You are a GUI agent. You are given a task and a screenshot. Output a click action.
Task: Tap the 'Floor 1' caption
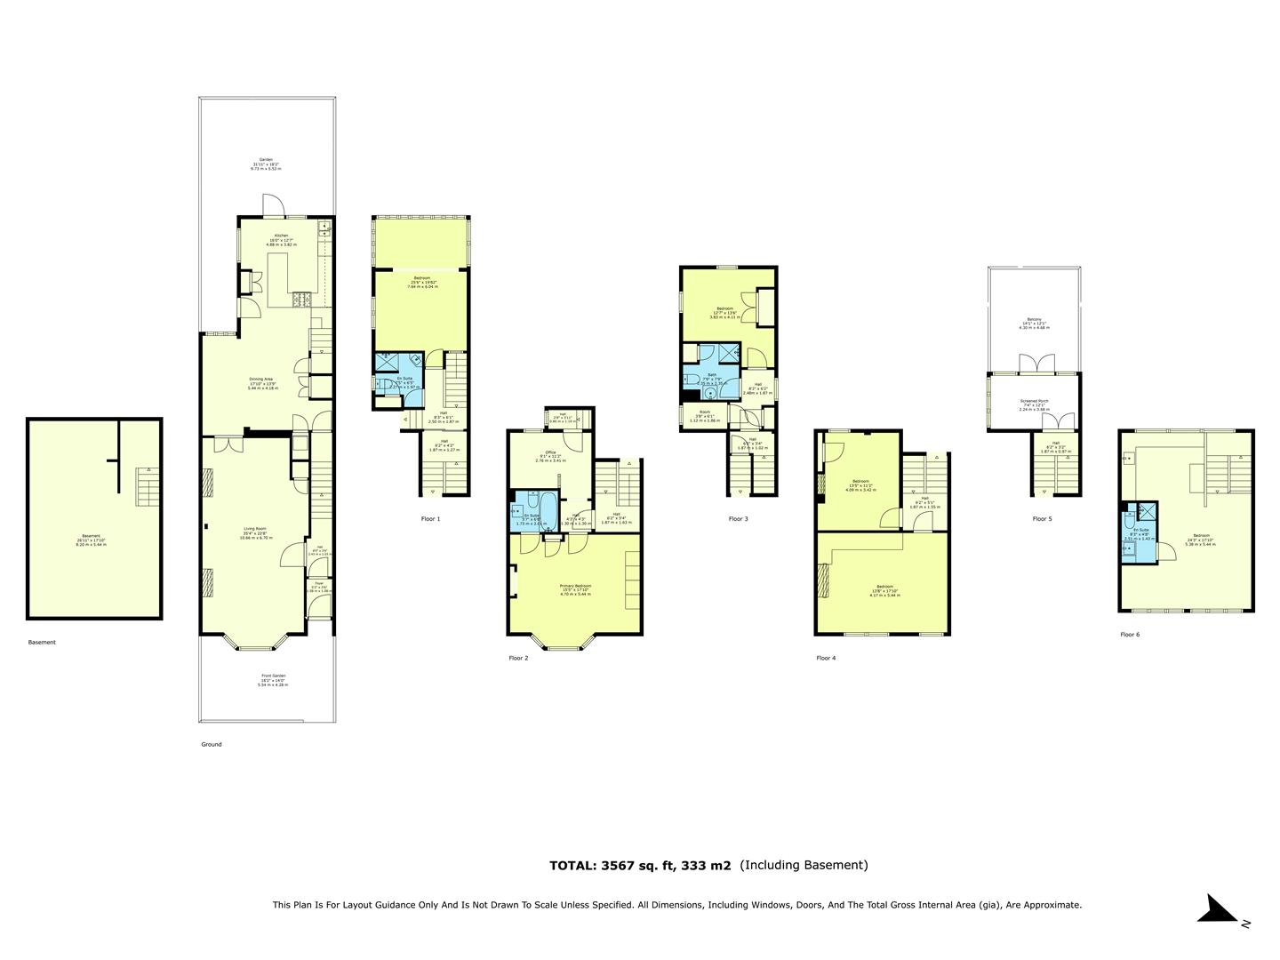pyautogui.click(x=430, y=518)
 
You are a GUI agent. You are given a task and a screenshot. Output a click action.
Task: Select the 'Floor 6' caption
pyautogui.click(x=1129, y=635)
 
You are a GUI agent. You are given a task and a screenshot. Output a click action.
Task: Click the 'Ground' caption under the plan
pyautogui.click(x=211, y=744)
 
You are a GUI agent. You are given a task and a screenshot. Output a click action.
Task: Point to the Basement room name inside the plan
pyautogui.click(x=92, y=536)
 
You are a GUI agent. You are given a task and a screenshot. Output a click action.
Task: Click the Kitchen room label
pyautogui.click(x=281, y=236)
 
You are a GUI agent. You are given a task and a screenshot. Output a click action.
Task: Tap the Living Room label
pyautogui.click(x=255, y=529)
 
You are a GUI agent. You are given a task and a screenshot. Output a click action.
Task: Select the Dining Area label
pyautogui.click(x=260, y=379)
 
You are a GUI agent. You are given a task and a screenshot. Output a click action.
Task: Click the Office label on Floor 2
pyautogui.click(x=550, y=452)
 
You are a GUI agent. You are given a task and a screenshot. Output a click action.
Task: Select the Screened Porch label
pyautogui.click(x=1034, y=401)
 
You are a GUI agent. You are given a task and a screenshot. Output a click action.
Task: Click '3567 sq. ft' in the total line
pyautogui.click(x=637, y=865)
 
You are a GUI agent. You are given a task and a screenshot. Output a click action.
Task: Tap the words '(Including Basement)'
pyautogui.click(x=804, y=865)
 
